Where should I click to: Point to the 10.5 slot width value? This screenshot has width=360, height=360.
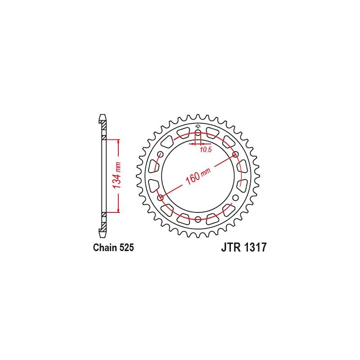(205, 150)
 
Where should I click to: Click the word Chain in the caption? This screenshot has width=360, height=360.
(104, 247)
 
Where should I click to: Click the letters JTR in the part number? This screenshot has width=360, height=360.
(231, 247)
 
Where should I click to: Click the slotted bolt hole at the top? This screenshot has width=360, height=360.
(198, 135)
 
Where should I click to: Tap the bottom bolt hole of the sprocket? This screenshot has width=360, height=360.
(198, 219)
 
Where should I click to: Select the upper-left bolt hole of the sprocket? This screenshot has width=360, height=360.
(160, 154)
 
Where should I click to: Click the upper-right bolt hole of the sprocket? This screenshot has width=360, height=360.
(235, 154)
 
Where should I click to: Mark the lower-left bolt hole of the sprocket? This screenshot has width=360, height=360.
(160, 197)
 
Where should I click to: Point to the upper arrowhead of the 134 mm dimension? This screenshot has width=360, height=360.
(119, 141)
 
